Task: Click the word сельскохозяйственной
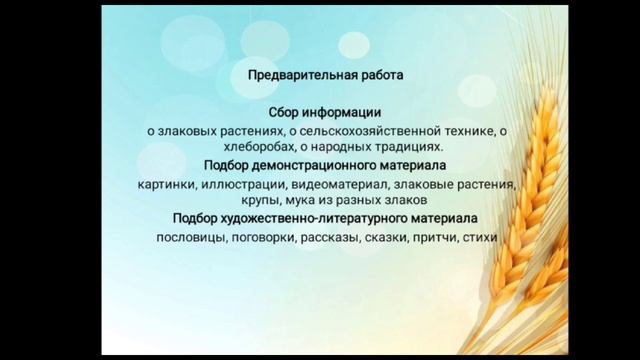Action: (x=364, y=130)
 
